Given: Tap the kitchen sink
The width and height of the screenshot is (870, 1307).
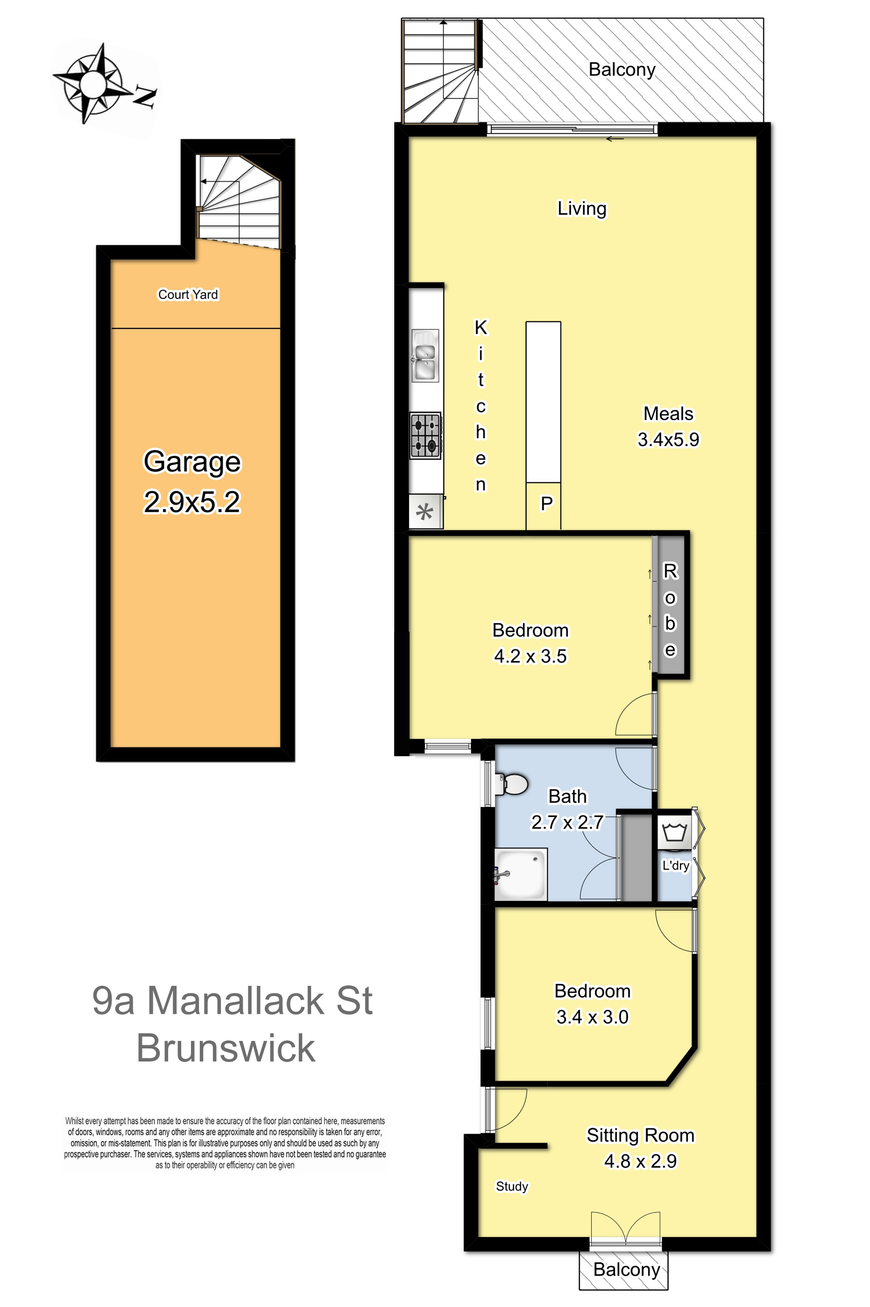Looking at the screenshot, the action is [x=425, y=356].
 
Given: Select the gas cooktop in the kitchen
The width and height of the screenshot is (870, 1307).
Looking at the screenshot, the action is [x=425, y=435].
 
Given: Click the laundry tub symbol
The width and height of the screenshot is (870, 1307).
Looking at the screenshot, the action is [x=675, y=832].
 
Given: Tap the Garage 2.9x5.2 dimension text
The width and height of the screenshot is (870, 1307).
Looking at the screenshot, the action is [x=192, y=502].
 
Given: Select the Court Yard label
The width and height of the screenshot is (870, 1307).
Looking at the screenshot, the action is [x=188, y=295].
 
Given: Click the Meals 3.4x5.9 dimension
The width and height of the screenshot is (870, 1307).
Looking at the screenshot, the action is [x=669, y=439].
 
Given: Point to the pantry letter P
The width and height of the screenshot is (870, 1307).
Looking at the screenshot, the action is [x=547, y=504].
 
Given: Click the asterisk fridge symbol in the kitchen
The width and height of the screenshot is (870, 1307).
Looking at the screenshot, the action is [x=425, y=512].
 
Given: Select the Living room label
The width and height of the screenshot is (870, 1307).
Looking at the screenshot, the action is [x=582, y=209].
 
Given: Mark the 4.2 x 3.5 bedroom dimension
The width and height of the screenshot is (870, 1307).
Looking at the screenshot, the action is [x=530, y=656].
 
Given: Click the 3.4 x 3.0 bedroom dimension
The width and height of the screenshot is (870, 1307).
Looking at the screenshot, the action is [x=593, y=1016].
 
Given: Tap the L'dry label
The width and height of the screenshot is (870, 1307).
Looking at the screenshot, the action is [x=676, y=866].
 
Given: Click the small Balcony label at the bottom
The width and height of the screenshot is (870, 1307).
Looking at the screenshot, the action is [x=626, y=1269].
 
